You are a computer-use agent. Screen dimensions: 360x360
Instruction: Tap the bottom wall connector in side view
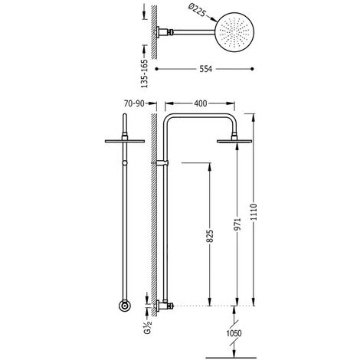coord(164,306)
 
